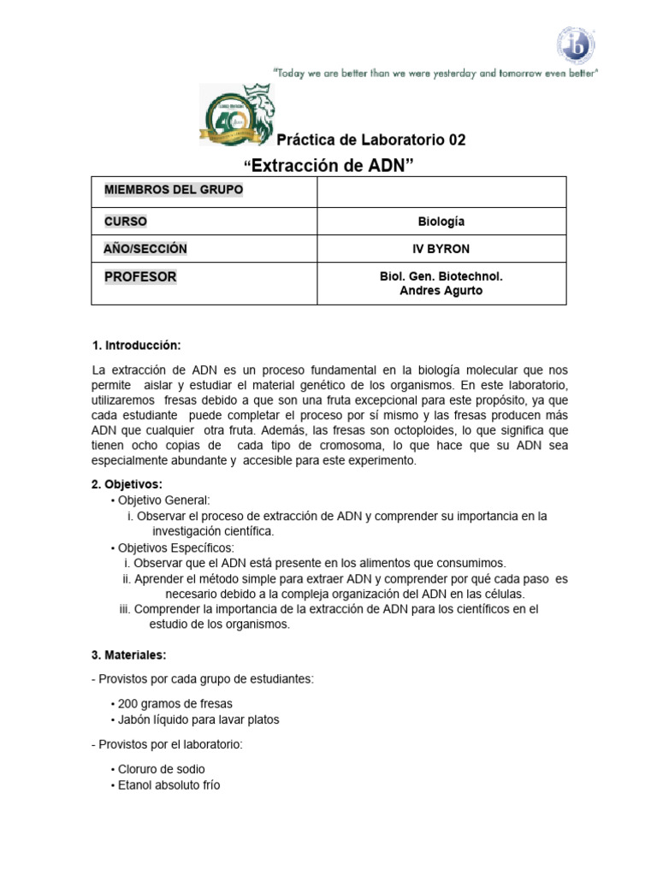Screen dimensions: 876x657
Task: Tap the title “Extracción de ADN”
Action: [x=328, y=164]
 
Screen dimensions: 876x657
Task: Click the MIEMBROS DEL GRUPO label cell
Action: [x=174, y=190]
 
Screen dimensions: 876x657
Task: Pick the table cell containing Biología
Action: [x=441, y=222]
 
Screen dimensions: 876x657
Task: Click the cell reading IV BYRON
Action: [x=441, y=249]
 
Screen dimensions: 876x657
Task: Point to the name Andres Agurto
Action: [x=441, y=291]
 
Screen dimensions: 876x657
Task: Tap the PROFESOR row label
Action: [x=140, y=277]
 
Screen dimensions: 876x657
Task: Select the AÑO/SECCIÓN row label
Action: [x=145, y=249]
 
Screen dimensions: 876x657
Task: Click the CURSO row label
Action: [x=126, y=222]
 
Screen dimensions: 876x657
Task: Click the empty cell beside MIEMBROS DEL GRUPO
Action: [x=441, y=192]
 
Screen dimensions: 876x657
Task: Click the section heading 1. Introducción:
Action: [x=136, y=345]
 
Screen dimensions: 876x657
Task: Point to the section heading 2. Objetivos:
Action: [x=127, y=484]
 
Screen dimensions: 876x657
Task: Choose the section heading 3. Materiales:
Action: [x=129, y=655]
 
